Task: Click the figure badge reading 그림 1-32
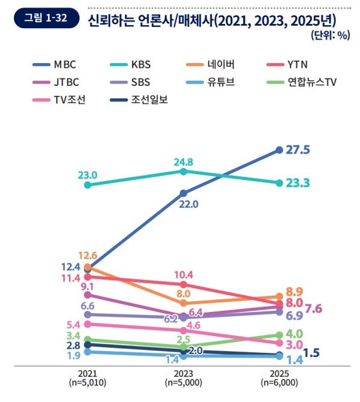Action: pos(45,19)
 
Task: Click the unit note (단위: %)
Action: pos(330,35)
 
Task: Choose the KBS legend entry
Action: pos(142,63)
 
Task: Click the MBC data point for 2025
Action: pos(280,149)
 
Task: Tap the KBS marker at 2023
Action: pos(184,171)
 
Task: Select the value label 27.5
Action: pos(298,149)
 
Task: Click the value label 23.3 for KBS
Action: pos(298,183)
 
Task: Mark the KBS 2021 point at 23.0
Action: pos(88,185)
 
